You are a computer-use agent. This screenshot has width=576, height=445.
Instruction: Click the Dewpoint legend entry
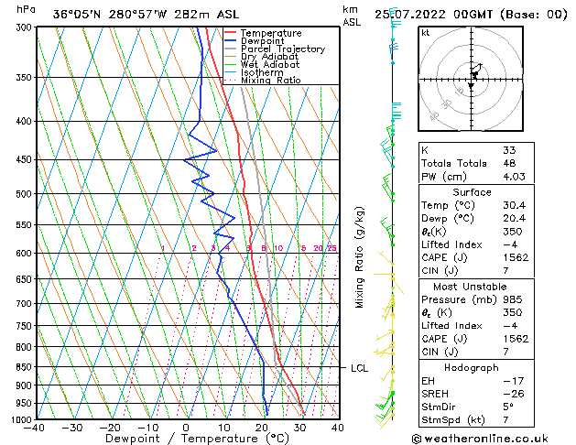(270, 41)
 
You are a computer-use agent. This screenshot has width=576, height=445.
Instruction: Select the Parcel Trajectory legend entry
(282, 49)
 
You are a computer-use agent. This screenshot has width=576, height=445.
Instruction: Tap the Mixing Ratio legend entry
(271, 81)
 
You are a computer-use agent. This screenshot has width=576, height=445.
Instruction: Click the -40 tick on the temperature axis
(35, 428)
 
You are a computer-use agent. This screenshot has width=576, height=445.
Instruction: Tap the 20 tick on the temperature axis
(262, 428)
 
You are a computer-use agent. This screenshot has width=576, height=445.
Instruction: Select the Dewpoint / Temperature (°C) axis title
(185, 439)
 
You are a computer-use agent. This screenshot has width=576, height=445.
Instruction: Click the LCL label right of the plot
(359, 368)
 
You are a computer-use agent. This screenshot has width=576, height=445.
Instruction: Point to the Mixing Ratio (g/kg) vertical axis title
(360, 257)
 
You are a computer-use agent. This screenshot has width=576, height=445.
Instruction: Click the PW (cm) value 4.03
(514, 177)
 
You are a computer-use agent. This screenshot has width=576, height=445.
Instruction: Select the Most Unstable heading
(471, 287)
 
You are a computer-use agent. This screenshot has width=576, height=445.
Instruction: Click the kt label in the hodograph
(426, 33)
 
